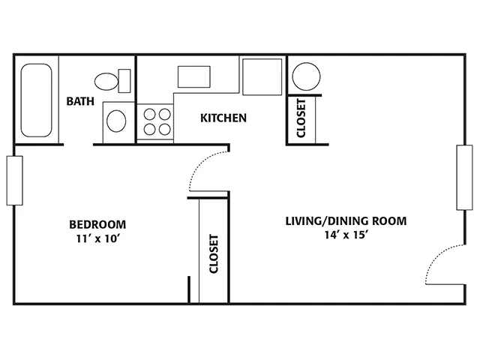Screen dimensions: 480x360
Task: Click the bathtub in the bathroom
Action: coord(36,100)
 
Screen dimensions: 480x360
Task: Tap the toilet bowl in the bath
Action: coord(106,81)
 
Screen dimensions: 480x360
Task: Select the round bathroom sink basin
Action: coord(116,121)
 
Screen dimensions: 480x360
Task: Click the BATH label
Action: coord(80,101)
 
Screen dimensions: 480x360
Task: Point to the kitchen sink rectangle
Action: coord(194,76)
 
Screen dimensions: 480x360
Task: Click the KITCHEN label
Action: coord(223,118)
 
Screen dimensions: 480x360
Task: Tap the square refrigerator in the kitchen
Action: coord(262,76)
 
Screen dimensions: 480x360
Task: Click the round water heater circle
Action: coord(306,76)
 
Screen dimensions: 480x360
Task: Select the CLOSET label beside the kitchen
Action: coord(301,118)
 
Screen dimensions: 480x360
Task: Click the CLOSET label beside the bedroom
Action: coord(214,253)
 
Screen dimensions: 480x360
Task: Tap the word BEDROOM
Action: coord(97,224)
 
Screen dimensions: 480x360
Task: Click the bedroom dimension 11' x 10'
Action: coord(97,238)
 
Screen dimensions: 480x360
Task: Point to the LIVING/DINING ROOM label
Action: coord(346,220)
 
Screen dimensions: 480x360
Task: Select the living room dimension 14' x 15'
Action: coord(346,235)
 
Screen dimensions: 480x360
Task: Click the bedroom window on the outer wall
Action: coord(14,181)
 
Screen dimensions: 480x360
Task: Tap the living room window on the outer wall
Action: coord(464,178)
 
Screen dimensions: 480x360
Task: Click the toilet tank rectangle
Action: coord(124,81)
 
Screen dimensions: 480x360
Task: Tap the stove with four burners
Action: coord(155,121)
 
